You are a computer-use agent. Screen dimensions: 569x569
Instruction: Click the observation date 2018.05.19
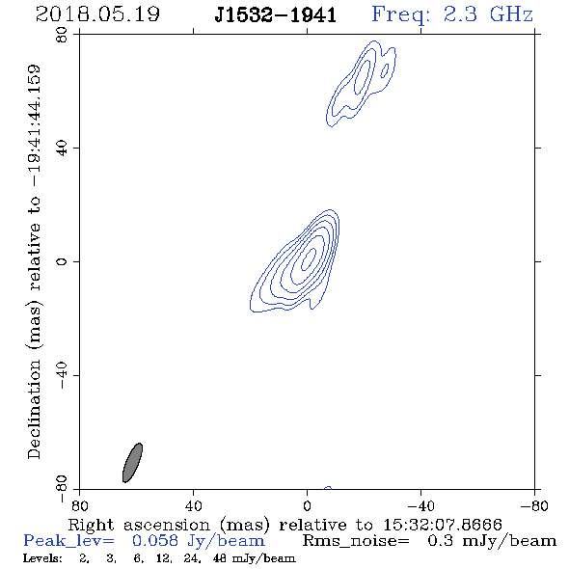click(97, 14)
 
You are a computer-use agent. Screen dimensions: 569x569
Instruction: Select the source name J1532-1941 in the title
click(276, 15)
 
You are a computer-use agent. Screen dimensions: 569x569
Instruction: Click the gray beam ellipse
click(132, 463)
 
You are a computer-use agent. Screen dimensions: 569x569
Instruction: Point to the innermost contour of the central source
click(310, 258)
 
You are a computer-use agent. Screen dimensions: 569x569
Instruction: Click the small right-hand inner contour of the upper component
click(385, 70)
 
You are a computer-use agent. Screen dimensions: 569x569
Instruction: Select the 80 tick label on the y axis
click(62, 35)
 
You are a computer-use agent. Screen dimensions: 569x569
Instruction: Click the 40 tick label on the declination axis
click(62, 149)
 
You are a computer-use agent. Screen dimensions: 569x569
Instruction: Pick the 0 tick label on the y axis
click(62, 261)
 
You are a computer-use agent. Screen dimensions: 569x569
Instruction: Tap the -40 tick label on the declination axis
click(62, 375)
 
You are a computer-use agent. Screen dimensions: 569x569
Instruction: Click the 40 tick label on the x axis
click(193, 505)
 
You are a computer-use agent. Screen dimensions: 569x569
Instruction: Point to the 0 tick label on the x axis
click(307, 505)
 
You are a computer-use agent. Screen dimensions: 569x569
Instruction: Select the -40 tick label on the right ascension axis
click(420, 505)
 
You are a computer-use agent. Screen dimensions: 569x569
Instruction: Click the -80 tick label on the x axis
click(534, 505)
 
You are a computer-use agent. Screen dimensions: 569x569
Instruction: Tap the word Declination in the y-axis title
click(34, 409)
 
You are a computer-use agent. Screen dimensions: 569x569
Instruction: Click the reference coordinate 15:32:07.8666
click(443, 525)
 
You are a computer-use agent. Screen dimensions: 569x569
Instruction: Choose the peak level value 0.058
click(155, 541)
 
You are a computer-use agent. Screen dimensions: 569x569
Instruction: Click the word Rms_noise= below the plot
click(356, 541)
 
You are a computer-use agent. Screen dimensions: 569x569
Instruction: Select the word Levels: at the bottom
click(42, 558)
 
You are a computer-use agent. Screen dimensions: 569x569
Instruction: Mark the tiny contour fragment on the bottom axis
click(328, 488)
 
